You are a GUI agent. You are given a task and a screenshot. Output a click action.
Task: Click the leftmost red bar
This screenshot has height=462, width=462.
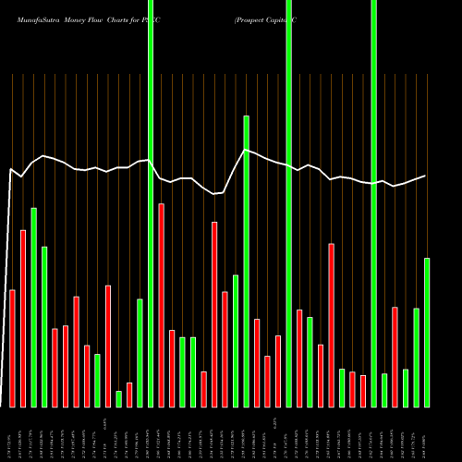click(12, 348)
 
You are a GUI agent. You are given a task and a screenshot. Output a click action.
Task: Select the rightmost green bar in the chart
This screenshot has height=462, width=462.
click(427, 332)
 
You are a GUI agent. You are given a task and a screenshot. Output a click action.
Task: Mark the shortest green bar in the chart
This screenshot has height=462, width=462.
click(118, 398)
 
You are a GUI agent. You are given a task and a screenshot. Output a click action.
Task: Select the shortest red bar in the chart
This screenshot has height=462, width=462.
click(129, 395)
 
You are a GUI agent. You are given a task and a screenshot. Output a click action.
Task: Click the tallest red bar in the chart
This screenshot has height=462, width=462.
click(161, 305)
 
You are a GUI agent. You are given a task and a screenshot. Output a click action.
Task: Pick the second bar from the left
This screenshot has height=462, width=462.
click(23, 318)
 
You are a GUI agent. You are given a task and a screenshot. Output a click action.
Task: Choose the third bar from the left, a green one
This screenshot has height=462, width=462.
click(33, 307)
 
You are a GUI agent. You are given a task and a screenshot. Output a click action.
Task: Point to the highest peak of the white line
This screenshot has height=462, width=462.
click(246, 150)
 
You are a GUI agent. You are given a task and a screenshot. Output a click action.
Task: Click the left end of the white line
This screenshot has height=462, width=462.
click(10, 170)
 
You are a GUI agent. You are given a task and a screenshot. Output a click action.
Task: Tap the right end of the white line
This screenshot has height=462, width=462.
click(426, 176)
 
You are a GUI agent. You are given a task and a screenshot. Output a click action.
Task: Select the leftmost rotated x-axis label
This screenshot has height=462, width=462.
click(12, 434)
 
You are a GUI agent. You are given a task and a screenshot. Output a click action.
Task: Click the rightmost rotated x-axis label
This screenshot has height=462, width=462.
click(427, 434)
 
